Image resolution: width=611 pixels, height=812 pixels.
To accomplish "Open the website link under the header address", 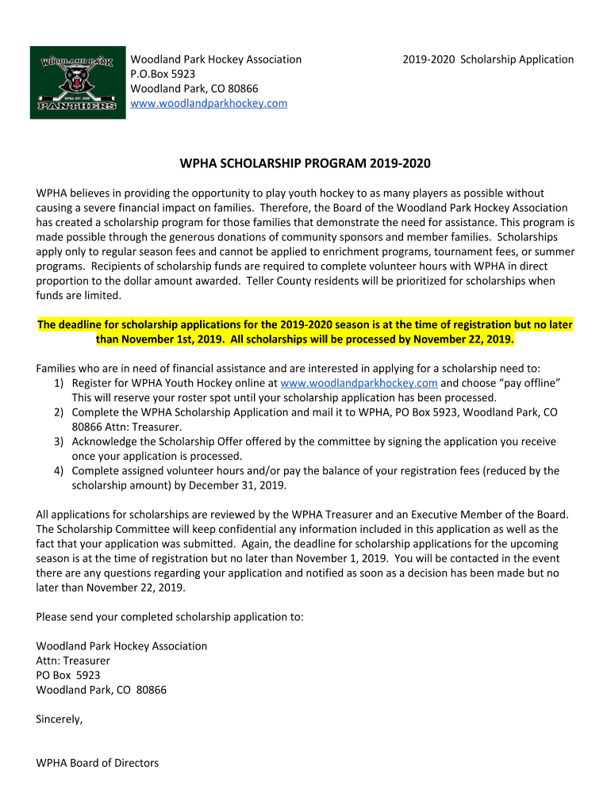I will [209, 103].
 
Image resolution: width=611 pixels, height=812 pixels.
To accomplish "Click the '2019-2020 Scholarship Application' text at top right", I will [487, 59].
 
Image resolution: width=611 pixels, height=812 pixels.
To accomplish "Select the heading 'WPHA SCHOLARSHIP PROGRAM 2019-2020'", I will [305, 164].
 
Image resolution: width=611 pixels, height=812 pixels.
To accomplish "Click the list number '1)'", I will [59, 383].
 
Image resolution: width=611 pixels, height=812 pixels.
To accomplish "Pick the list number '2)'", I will [59, 412].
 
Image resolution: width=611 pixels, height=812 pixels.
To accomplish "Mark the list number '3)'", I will [59, 442].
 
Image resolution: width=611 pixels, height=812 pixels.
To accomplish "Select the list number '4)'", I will [59, 471].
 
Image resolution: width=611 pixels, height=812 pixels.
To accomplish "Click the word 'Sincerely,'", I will [60, 720].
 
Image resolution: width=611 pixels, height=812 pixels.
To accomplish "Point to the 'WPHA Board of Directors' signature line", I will [98, 764].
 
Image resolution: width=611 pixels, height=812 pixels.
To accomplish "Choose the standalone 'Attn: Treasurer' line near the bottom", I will [73, 661].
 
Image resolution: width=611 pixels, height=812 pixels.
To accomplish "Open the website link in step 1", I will [359, 383].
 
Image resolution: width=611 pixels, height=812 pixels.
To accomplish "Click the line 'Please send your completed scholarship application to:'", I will [169, 617].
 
